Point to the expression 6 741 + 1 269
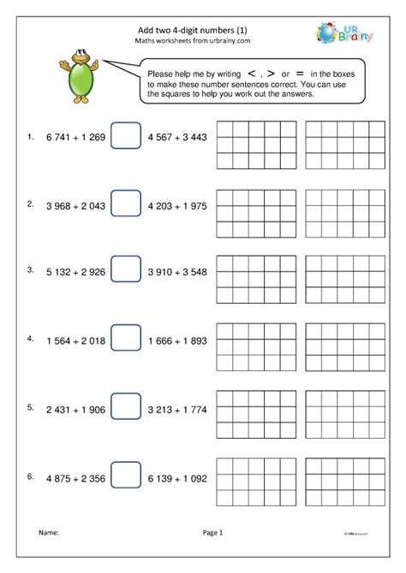pyautogui.click(x=75, y=137)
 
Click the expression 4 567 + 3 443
pyautogui.click(x=178, y=137)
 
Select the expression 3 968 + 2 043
pyautogui.click(x=75, y=204)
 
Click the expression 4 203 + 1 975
pyautogui.click(x=178, y=204)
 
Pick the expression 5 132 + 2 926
pyautogui.click(x=75, y=271)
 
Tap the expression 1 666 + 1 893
pyautogui.click(x=178, y=340)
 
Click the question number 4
pyautogui.click(x=30, y=339)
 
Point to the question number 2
pyautogui.click(x=30, y=204)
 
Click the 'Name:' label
pyautogui.click(x=48, y=532)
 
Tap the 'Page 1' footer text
pyautogui.click(x=212, y=532)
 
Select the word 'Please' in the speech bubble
pyautogui.click(x=164, y=74)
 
